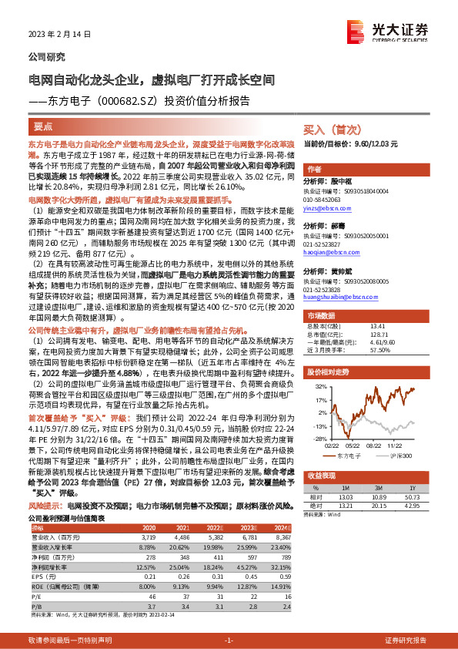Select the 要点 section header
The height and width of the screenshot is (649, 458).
(x=43, y=126)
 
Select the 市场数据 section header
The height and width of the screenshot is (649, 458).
(x=324, y=316)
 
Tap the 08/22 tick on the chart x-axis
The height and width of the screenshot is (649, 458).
(x=375, y=443)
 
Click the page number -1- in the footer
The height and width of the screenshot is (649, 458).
(x=229, y=641)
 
